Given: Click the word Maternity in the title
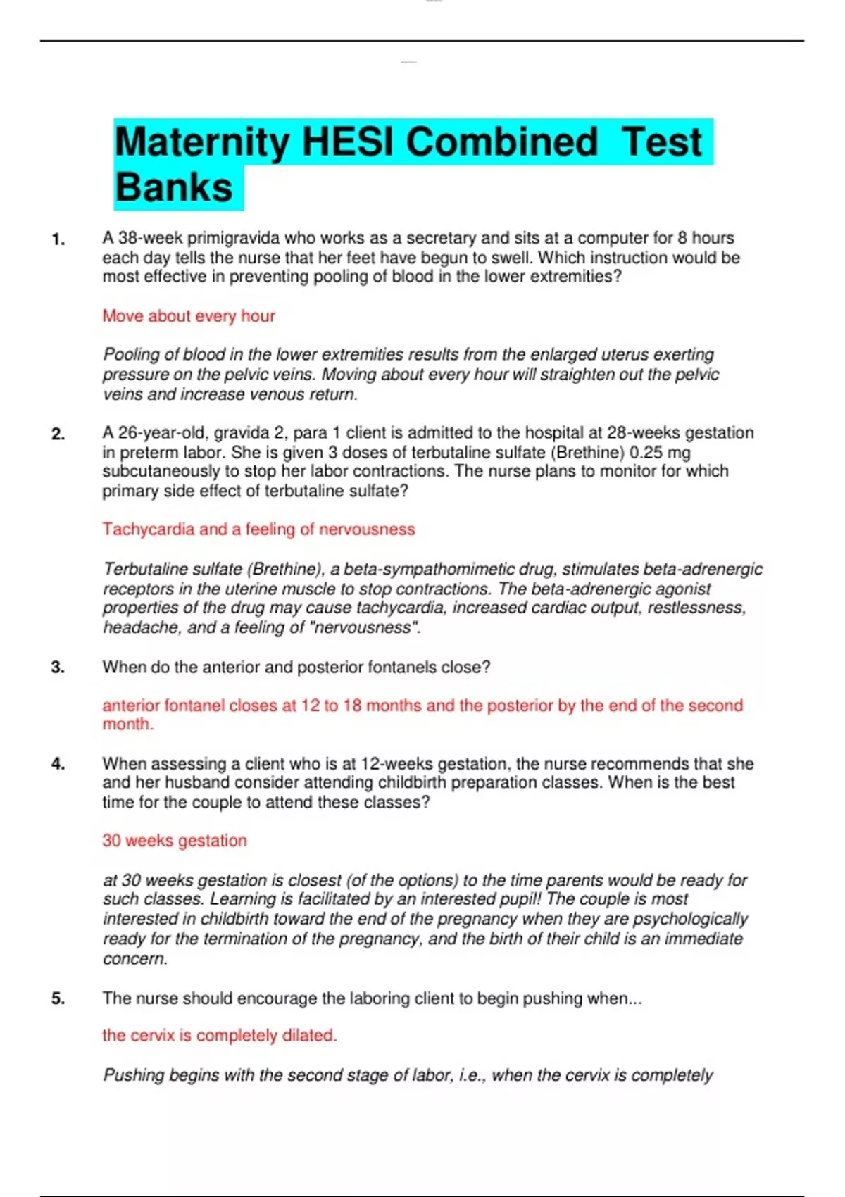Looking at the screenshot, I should (x=202, y=142).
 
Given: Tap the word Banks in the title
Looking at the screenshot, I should (x=174, y=188).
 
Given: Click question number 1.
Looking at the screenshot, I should (x=58, y=239).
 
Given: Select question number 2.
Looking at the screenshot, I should (x=58, y=434).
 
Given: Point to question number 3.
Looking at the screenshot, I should (x=58, y=668).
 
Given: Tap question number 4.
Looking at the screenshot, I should (x=58, y=764).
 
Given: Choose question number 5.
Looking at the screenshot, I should (x=58, y=998).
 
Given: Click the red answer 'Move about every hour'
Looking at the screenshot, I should (x=189, y=316).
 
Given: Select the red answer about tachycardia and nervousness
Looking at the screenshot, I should (x=258, y=529).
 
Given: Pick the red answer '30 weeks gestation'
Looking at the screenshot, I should (x=175, y=841).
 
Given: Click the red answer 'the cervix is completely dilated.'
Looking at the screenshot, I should (x=220, y=1036).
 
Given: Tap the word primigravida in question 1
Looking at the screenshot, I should (x=233, y=239).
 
